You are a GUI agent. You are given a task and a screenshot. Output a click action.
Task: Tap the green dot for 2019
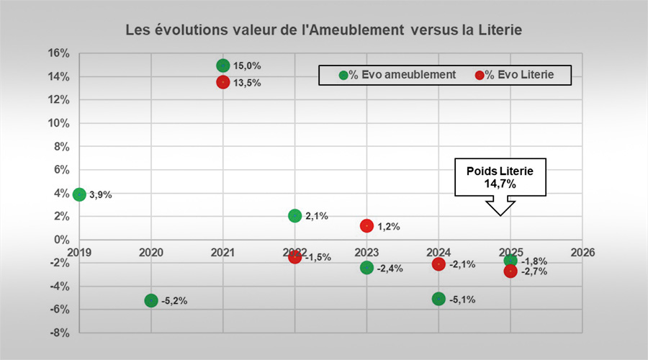pos(79,194)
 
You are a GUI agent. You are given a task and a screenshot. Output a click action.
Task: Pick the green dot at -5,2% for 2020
pos(151,300)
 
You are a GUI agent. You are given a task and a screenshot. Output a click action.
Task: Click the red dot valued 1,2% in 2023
pos(366,225)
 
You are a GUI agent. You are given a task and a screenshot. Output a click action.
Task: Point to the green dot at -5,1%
pos(438,299)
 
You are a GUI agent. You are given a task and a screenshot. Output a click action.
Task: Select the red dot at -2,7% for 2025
pos(510,271)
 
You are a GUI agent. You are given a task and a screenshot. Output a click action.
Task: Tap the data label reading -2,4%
pos(390,269)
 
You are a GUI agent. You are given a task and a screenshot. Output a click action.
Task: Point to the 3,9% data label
pos(101,194)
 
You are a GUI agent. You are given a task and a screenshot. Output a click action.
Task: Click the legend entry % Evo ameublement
pos(397,75)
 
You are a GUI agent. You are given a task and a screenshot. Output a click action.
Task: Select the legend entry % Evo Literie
pos(515,75)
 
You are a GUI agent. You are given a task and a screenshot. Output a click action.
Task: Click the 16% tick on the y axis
pos(59,53)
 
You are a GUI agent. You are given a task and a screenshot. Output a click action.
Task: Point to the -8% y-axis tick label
pos(60,333)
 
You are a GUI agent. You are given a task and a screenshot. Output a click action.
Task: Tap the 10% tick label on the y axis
pos(59,123)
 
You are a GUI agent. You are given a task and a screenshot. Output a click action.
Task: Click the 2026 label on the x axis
pos(582,252)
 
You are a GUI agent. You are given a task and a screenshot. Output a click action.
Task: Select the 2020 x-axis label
pos(151,252)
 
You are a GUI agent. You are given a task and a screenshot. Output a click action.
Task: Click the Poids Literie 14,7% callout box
pos(500,177)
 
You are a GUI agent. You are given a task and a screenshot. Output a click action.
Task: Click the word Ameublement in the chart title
pos(356,30)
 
